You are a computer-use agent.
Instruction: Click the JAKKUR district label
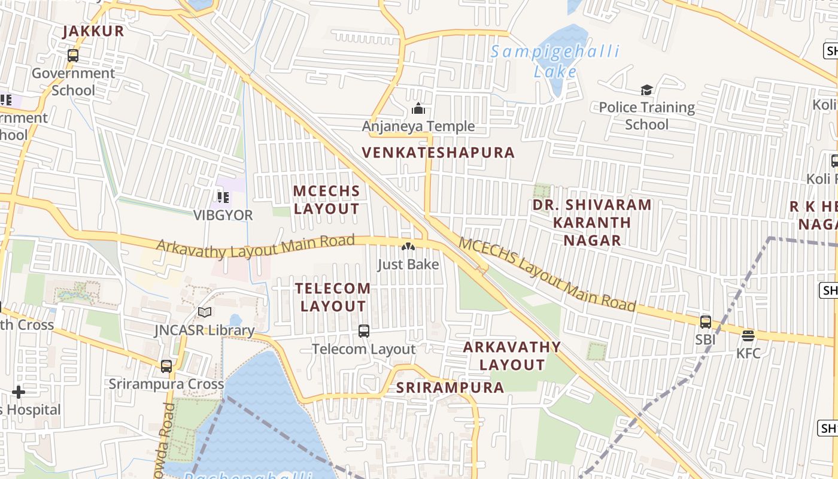[93, 31]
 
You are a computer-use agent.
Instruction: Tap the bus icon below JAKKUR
[73, 56]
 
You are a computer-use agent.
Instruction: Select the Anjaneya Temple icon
[418, 108]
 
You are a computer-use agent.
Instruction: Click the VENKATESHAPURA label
[439, 153]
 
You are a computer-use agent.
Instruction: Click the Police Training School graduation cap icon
[646, 90]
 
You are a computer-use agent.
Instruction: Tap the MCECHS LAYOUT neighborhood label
[327, 200]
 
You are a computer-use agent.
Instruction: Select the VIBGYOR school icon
[223, 197]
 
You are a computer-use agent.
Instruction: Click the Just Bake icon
[408, 247]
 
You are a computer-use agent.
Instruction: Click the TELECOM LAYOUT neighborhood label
[333, 297]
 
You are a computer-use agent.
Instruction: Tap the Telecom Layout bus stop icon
[363, 331]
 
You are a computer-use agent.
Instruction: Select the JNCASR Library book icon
[205, 312]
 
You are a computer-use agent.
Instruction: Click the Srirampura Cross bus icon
[166, 366]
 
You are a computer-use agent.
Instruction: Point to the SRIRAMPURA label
[450, 387]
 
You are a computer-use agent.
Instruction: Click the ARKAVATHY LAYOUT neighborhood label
[512, 356]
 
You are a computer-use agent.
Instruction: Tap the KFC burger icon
[748, 335]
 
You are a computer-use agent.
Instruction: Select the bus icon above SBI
[706, 322]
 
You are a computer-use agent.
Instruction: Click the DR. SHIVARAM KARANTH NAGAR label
[592, 223]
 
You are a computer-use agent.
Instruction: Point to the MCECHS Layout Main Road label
[547, 274]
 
